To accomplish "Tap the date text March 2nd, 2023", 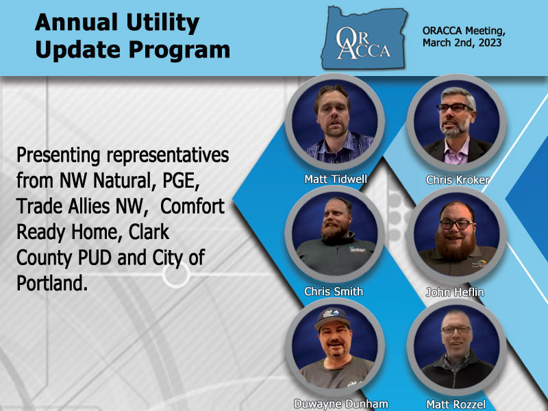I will point(462,42).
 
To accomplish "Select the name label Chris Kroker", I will point(457,179).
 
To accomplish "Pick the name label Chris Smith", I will point(333,291).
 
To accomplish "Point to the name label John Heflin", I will point(456,292).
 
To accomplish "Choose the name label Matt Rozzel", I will point(456,403).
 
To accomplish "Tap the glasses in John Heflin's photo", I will point(455,223).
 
